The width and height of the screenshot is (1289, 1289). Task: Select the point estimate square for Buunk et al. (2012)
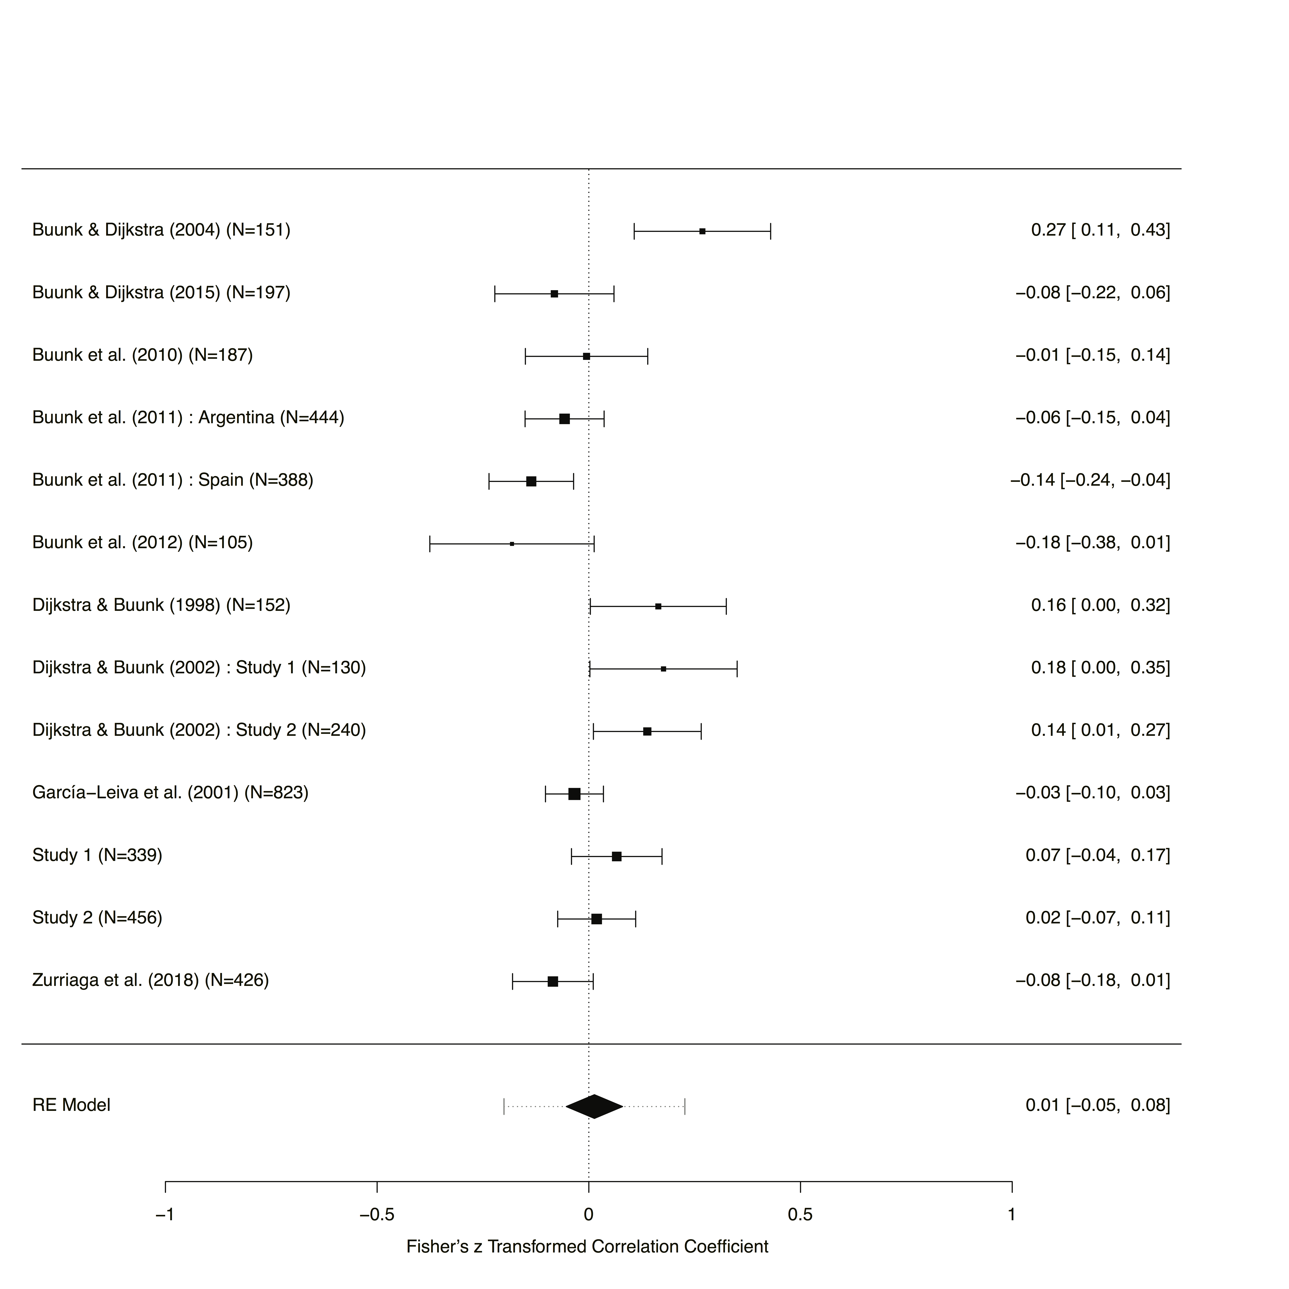[512, 544]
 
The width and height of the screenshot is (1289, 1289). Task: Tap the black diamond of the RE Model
[594, 1106]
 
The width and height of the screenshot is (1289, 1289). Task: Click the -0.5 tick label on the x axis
[377, 1214]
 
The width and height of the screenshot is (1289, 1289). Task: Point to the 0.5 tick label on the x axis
[800, 1214]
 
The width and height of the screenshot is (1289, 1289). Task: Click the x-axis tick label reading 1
[1012, 1214]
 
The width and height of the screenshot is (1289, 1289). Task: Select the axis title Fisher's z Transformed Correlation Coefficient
[587, 1246]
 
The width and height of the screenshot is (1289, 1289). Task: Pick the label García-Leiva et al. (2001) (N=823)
[170, 793]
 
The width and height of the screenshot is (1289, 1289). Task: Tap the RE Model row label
[71, 1105]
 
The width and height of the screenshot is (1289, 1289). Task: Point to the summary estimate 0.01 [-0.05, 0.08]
[1097, 1105]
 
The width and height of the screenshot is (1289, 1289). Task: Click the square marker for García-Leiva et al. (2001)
[575, 794]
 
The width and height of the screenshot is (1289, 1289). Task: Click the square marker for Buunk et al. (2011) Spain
[531, 481]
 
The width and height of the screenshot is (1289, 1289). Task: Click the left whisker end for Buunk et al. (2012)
[430, 544]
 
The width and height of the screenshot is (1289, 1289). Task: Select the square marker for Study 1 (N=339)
[616, 856]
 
